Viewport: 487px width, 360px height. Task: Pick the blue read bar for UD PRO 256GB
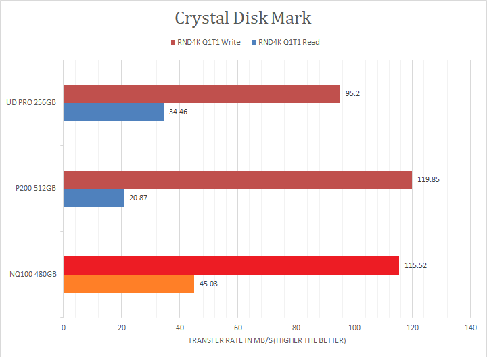coord(114,112)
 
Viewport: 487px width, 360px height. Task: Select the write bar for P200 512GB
coord(237,179)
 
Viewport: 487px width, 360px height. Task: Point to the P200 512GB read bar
coord(94,198)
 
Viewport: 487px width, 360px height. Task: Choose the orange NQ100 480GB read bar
coord(129,284)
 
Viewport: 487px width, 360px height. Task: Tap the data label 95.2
coord(352,93)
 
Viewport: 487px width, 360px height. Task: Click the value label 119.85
coord(428,179)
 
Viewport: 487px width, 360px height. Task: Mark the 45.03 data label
coord(208,284)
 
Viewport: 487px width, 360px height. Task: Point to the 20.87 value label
coord(139,198)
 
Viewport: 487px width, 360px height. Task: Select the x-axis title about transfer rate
coord(266,340)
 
